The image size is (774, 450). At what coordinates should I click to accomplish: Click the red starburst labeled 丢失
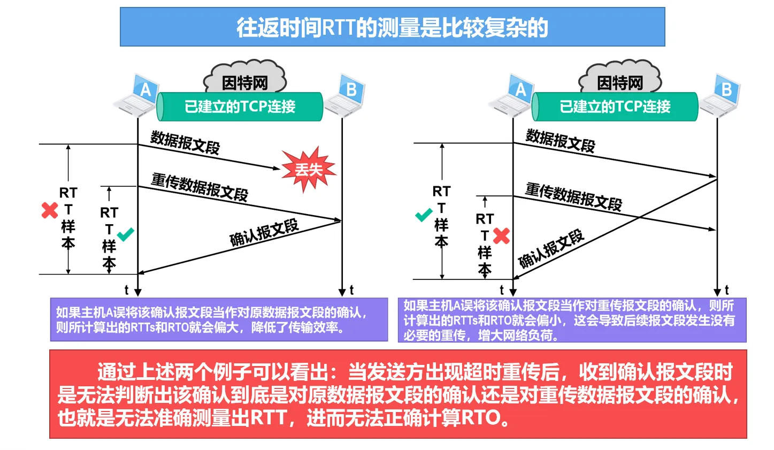click(x=309, y=170)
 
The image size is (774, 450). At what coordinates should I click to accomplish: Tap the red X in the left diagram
click(x=50, y=210)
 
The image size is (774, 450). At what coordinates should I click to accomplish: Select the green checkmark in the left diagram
click(x=126, y=234)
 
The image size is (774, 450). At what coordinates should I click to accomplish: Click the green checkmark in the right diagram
click(x=424, y=215)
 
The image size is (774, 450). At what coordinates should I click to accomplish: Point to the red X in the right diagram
click(x=501, y=236)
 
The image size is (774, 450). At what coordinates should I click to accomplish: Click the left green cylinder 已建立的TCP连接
click(x=240, y=106)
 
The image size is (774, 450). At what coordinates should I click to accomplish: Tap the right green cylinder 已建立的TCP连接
click(x=615, y=106)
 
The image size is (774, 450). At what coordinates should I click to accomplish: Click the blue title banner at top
click(x=392, y=27)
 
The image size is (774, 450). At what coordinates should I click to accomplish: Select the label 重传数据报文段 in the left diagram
click(x=200, y=187)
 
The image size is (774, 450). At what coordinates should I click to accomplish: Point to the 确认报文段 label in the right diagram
click(x=551, y=249)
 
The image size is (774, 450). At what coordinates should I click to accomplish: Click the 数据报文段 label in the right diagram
click(x=560, y=141)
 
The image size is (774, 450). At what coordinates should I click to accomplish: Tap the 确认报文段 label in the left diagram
click(x=264, y=232)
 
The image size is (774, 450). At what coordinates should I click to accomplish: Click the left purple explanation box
click(x=219, y=319)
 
